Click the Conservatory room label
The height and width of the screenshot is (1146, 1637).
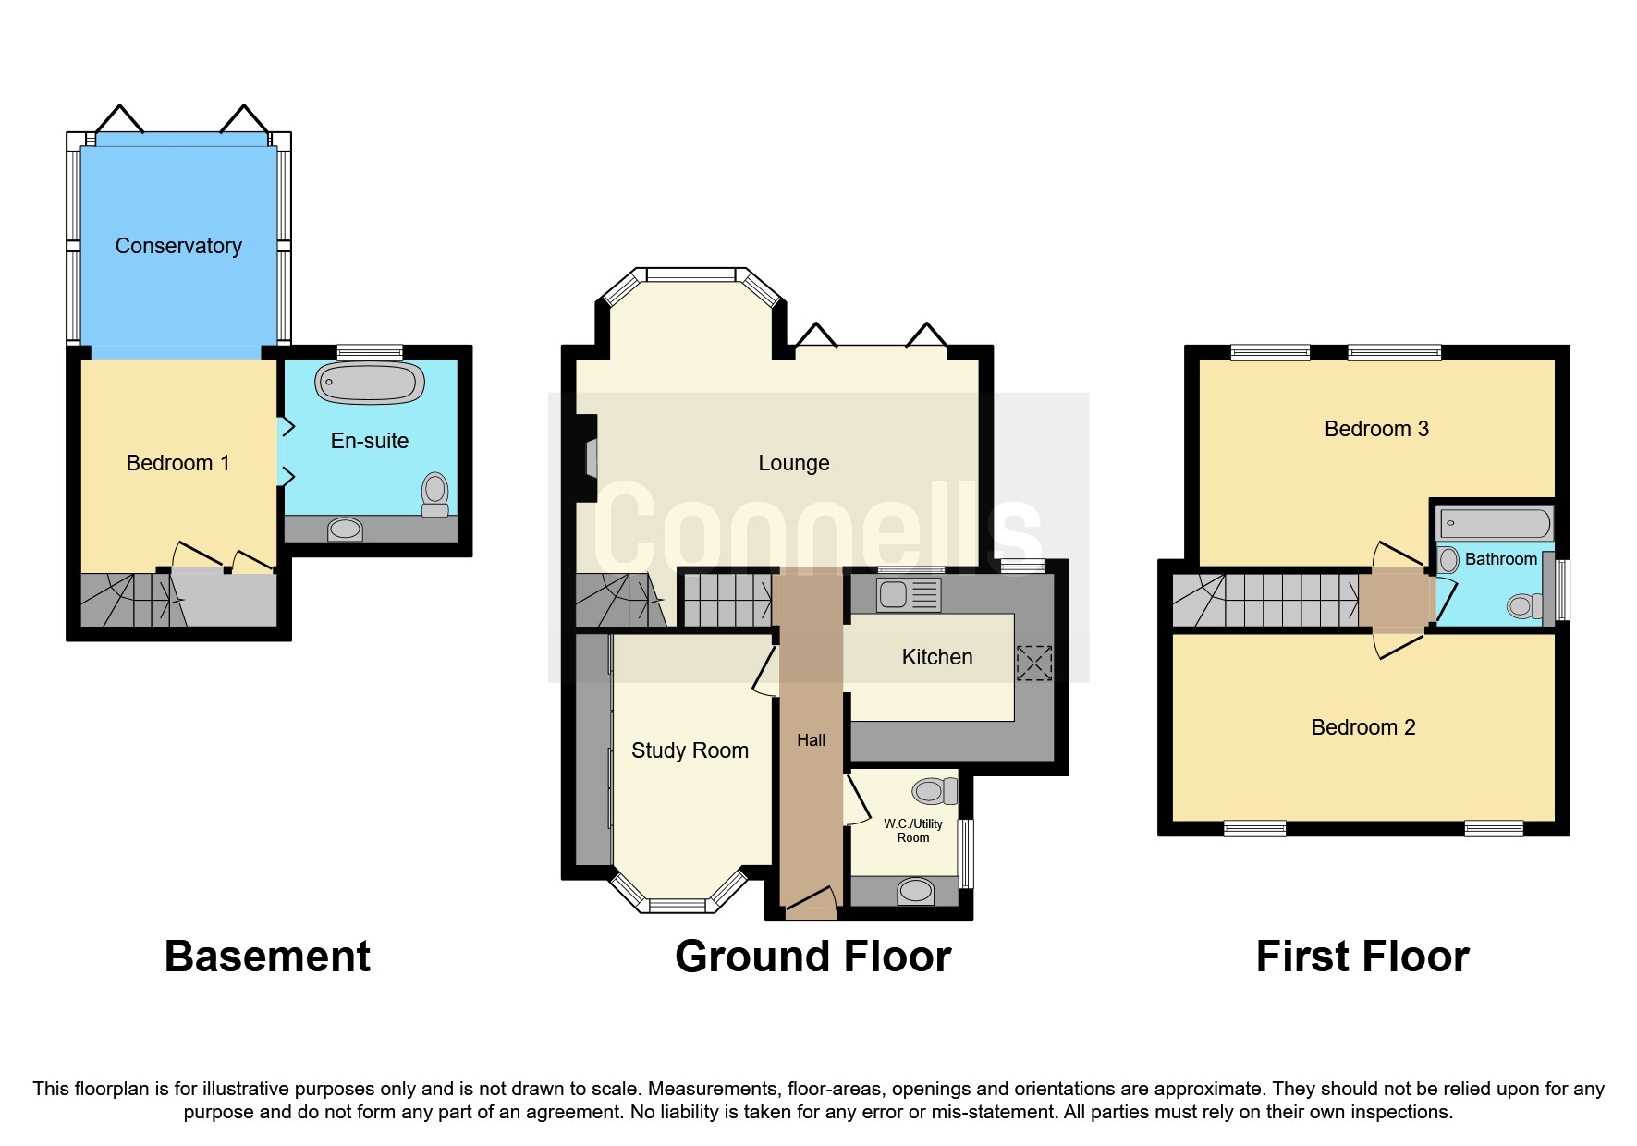[x=178, y=246]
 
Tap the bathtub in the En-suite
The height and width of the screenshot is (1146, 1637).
[x=370, y=383]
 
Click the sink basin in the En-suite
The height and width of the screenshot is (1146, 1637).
[x=345, y=530]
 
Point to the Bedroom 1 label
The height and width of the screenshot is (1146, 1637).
[x=177, y=463]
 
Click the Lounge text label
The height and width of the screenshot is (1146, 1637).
[x=793, y=463]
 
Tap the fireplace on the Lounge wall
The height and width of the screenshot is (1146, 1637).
[x=589, y=458]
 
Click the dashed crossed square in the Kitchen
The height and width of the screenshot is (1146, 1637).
[x=1033, y=663]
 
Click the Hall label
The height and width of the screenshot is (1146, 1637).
[x=811, y=740]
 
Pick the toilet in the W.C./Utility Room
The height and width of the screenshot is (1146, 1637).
[x=933, y=791]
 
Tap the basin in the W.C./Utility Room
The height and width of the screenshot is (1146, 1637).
[x=915, y=891]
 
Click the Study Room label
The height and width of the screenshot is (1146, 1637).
[x=690, y=750]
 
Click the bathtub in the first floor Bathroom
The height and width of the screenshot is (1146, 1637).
[x=1494, y=524]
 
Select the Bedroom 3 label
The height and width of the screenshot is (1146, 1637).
[x=1376, y=429]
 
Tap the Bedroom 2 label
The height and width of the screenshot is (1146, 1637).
[x=1362, y=727]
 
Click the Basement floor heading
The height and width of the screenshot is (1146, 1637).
[x=267, y=957]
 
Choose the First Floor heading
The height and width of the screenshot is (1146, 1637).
[x=1362, y=957]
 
